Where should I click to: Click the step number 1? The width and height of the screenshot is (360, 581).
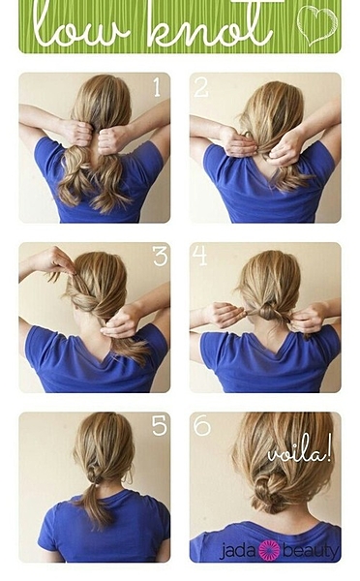pyautogui.click(x=157, y=87)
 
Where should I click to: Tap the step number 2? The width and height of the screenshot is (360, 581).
pyautogui.click(x=201, y=87)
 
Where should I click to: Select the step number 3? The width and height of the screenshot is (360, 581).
pyautogui.click(x=160, y=257)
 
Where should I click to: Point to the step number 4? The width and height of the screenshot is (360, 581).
pyautogui.click(x=199, y=256)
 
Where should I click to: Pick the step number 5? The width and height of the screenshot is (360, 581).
pyautogui.click(x=160, y=426)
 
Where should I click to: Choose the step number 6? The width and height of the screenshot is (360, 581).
pyautogui.click(x=202, y=426)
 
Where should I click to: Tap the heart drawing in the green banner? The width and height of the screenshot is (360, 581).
pyautogui.click(x=317, y=25)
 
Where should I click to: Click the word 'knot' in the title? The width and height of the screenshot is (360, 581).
pyautogui.click(x=210, y=24)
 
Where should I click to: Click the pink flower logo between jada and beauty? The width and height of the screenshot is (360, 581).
pyautogui.click(x=269, y=550)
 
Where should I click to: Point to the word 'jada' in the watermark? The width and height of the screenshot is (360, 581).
pyautogui.click(x=238, y=551)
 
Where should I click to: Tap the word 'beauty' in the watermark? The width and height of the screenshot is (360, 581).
pyautogui.click(x=311, y=551)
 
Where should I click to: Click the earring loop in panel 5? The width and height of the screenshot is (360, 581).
pyautogui.click(x=129, y=477)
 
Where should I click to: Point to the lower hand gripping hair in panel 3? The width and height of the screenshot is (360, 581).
pyautogui.click(x=120, y=322)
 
